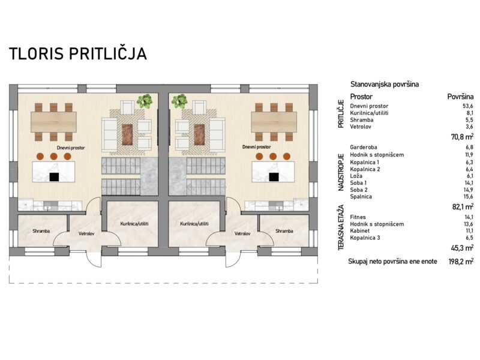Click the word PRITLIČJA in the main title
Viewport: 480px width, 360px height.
pos(107,53)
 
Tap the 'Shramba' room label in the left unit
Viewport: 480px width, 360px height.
pos(41,231)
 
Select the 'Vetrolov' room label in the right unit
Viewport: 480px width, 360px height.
pos(242,233)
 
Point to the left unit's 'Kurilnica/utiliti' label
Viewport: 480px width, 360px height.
pos(134,224)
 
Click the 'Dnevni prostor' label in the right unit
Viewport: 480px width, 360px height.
pos(257,147)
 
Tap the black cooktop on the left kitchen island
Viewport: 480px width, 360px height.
pos(54,177)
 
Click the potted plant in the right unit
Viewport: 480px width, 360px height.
pos(179,101)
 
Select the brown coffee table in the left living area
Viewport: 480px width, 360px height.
pos(127,134)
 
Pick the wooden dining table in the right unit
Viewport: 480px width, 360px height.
pos(274,122)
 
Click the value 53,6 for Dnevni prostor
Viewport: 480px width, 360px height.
pos(468,106)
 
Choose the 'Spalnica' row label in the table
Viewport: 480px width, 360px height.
pos(361,197)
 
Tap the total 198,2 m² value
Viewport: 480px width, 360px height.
pos(461,262)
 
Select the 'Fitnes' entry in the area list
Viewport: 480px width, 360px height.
pos(358,217)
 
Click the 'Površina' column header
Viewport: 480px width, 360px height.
pos(460,97)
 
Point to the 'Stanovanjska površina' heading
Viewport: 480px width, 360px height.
pos(385,84)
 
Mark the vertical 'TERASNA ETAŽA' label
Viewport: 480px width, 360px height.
pos(341,227)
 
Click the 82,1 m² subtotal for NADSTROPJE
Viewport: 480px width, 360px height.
pos(463,206)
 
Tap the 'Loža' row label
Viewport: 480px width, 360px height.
pos(356,176)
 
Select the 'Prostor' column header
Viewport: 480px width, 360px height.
pos(361,97)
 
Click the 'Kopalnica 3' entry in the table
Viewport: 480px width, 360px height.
pos(365,238)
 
